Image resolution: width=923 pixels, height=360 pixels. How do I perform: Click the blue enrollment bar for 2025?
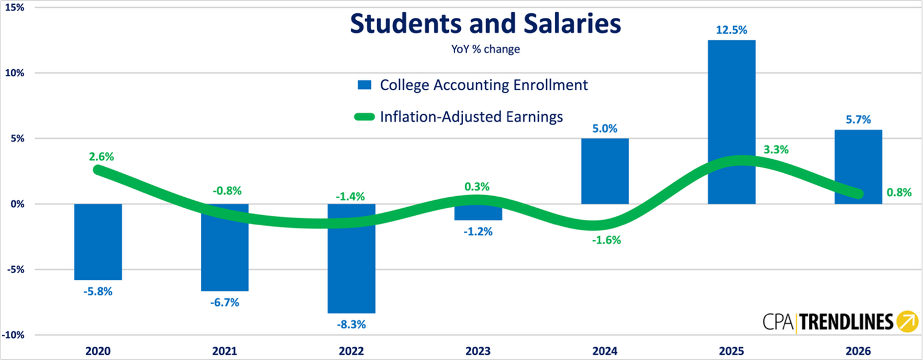coord(731,122)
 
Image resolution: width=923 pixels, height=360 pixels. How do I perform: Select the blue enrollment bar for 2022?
coord(351,258)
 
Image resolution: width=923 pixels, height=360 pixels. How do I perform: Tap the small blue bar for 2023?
coord(478,212)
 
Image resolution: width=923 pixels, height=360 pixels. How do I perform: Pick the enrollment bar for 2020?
coord(98,242)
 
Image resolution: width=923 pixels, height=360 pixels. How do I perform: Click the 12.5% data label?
coord(731,30)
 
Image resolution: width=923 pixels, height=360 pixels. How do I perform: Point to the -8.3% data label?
coord(351,325)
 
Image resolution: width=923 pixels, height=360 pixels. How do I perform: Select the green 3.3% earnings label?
coord(776,149)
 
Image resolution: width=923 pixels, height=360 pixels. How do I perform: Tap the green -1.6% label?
coord(606,240)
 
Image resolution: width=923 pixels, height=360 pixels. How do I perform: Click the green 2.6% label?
coord(102,157)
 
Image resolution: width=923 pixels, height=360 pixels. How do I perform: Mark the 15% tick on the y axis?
coord(15,7)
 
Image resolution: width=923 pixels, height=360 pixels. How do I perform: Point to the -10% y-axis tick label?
coord(13,335)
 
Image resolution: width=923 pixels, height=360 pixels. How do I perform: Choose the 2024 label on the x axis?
coord(605,351)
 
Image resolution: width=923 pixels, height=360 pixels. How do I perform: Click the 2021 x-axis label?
coord(224,351)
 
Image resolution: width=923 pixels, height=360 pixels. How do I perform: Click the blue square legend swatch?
coord(364,85)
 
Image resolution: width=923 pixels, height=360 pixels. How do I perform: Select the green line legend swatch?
coord(364,117)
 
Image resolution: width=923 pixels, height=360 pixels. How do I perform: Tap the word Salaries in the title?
coord(572,24)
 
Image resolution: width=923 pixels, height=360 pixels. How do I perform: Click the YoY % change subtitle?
coord(485,50)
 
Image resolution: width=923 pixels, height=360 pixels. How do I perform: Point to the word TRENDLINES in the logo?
coord(846,322)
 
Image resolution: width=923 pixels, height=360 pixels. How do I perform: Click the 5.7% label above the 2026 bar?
coord(858,120)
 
